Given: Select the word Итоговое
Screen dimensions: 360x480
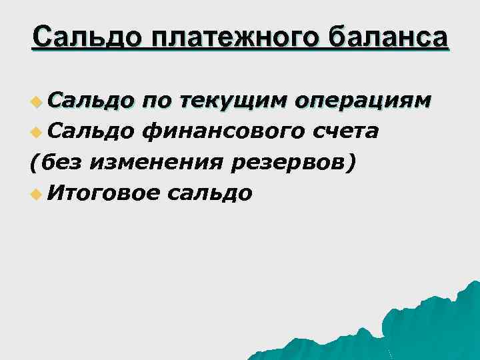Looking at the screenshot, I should click(x=105, y=193).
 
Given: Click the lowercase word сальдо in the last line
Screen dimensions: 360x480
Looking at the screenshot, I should click(x=211, y=193).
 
